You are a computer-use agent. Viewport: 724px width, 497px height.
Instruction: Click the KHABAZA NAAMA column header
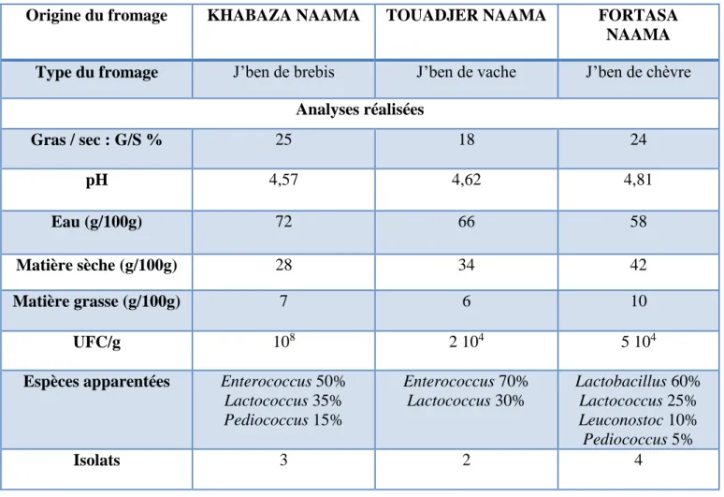tap(283, 16)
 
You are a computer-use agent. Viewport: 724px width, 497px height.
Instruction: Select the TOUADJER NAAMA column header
tap(466, 16)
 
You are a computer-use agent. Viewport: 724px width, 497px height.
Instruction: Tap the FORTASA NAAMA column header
tap(638, 25)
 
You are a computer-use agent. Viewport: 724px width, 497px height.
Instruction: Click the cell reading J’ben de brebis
tap(283, 72)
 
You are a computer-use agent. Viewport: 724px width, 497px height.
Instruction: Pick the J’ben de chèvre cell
tap(638, 72)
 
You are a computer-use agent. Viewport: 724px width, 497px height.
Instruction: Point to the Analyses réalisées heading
tap(360, 110)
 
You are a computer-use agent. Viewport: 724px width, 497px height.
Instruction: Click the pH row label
tap(96, 180)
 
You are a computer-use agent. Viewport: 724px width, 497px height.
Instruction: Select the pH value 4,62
tap(466, 179)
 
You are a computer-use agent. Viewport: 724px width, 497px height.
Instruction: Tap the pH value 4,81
tap(638, 179)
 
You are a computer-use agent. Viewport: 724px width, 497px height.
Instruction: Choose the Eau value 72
tap(283, 222)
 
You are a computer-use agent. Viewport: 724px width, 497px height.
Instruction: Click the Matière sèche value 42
tap(638, 265)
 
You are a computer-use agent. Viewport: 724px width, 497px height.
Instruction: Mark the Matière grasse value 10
tap(638, 301)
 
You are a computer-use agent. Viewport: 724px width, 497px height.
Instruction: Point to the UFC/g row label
tap(96, 343)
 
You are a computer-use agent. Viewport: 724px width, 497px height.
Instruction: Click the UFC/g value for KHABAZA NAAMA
tap(284, 341)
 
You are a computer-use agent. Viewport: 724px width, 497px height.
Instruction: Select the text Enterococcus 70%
tap(466, 382)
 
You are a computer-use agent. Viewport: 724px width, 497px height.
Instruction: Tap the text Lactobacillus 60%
tap(638, 382)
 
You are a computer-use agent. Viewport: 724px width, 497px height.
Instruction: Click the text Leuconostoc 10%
tap(638, 420)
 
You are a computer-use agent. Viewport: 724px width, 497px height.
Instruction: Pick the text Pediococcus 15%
tap(283, 420)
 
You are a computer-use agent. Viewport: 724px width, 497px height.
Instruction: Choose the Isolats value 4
tap(638, 460)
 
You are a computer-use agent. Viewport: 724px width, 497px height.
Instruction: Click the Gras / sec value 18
tap(466, 139)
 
